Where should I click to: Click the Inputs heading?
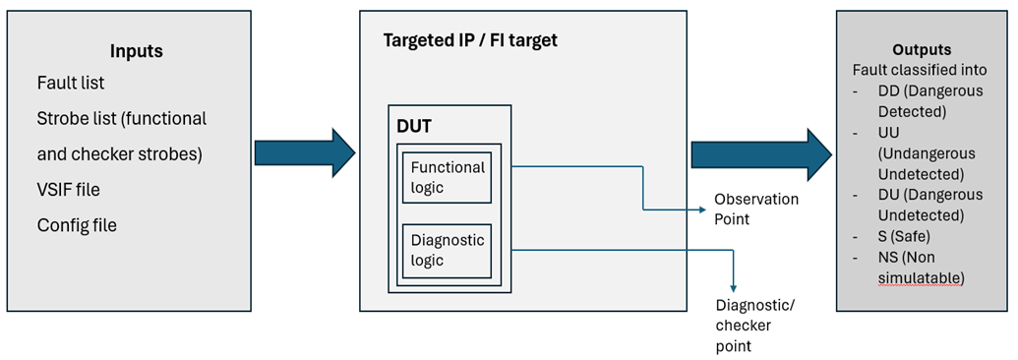pyautogui.click(x=136, y=50)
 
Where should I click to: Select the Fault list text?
pyautogui.click(x=71, y=84)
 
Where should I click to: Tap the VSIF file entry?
pyautogui.click(x=69, y=190)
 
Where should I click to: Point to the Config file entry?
pyautogui.click(x=77, y=225)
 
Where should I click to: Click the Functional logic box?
pyautogui.click(x=448, y=177)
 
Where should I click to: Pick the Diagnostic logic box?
pyautogui.click(x=448, y=250)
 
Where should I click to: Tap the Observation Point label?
pyautogui.click(x=755, y=209)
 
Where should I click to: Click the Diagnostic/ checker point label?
pyautogui.click(x=754, y=325)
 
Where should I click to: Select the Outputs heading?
pyautogui.click(x=921, y=50)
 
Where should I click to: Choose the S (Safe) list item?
pyautogui.click(x=908, y=236)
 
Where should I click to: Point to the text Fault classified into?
pyautogui.click(x=919, y=70)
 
